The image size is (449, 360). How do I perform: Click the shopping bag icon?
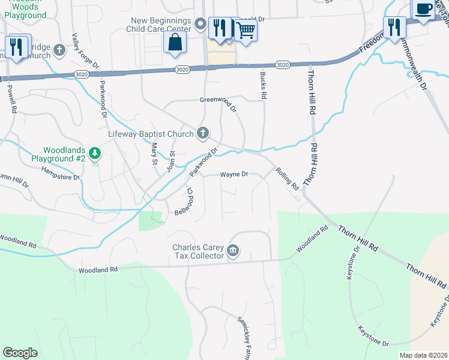175,43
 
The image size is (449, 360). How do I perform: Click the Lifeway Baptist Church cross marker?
203,133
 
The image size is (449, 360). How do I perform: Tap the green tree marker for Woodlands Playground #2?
94,154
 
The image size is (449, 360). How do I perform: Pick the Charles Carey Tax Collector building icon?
234,251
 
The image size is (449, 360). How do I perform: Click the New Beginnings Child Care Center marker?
200,25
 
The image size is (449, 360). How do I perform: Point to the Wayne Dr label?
234,175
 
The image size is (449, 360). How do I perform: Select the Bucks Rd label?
264,87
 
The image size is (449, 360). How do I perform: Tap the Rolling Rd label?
287,179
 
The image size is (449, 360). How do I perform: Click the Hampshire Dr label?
60,173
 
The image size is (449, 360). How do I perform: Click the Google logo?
20,353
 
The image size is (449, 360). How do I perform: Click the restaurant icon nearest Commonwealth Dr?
394,28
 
